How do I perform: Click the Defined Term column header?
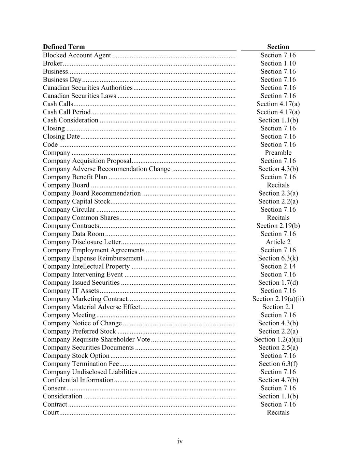tap(64, 47)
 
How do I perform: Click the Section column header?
tap(278, 47)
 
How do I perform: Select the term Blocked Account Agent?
tap(77, 55)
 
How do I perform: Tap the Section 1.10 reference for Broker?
tap(278, 63)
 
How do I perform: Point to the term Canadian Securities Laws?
tap(80, 96)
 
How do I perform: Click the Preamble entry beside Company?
tap(278, 153)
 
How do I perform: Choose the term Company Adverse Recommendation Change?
tap(106, 169)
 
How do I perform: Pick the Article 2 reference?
tap(278, 242)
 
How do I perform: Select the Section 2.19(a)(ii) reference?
tap(278, 299)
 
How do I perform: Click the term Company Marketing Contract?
tap(85, 299)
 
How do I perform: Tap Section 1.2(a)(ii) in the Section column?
tap(278, 339)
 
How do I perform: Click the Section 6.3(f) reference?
tap(278, 364)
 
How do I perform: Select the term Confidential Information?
tap(78, 380)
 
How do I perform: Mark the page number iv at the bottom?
tap(180, 441)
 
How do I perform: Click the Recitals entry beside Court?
tap(278, 412)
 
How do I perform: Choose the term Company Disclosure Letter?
tap(82, 242)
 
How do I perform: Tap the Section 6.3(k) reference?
tap(278, 258)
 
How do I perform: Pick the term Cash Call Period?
tap(67, 112)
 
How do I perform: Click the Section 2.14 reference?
tap(278, 266)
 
